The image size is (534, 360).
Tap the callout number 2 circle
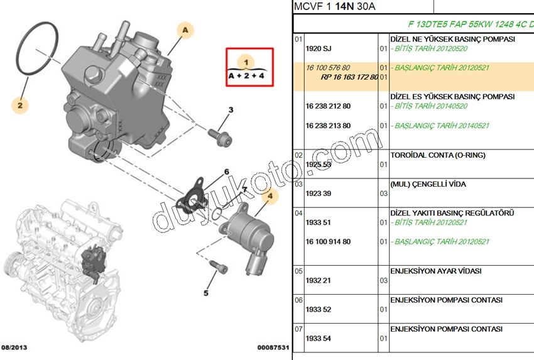[20, 105]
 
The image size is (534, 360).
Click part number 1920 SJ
[317, 48]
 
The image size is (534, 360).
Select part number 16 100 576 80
[328, 67]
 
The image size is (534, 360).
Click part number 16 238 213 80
[328, 126]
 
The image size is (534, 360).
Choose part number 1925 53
[317, 165]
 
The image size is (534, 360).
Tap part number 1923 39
[317, 194]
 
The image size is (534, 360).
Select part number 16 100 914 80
[328, 242]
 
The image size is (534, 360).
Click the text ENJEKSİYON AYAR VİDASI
[436, 271]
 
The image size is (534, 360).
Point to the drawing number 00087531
[273, 347]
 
